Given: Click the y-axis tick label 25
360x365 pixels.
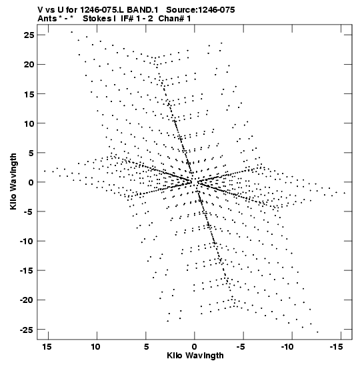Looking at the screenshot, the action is coord(29,35).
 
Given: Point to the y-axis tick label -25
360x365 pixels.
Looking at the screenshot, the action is coord(27,330).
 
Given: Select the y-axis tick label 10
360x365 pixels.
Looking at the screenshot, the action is coord(29,123).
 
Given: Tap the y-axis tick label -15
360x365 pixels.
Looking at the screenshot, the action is coord(27,270).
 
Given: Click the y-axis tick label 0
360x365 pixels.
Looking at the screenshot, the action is coord(31,182).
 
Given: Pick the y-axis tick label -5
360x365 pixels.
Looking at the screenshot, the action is coord(29,212).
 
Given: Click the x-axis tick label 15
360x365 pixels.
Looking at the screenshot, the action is coord(47,347).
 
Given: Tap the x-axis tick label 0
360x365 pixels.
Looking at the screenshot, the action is coord(195,347).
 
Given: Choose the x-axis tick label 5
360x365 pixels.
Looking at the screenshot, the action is coord(146,347).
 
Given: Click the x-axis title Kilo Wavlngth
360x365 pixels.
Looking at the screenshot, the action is coord(195,356).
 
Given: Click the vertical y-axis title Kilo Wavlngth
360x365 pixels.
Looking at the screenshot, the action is coord(13,181).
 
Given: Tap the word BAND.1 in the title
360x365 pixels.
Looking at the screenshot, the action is coord(142,10).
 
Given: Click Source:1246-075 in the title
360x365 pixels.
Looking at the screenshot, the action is coord(201,10).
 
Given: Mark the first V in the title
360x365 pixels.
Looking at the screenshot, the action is coord(40,10).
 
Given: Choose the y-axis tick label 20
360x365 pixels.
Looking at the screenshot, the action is coord(29,65).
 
